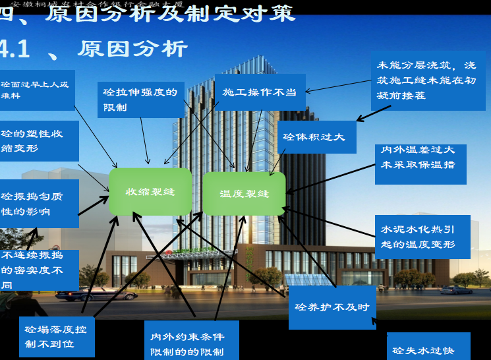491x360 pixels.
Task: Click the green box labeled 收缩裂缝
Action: (150, 192)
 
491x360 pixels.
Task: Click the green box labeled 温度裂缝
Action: (244, 194)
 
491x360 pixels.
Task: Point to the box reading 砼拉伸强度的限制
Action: (140, 99)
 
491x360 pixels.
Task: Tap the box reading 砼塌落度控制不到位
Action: (56, 337)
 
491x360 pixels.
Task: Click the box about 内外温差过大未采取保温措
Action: (420, 163)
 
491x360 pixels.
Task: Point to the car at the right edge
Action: (456, 289)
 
